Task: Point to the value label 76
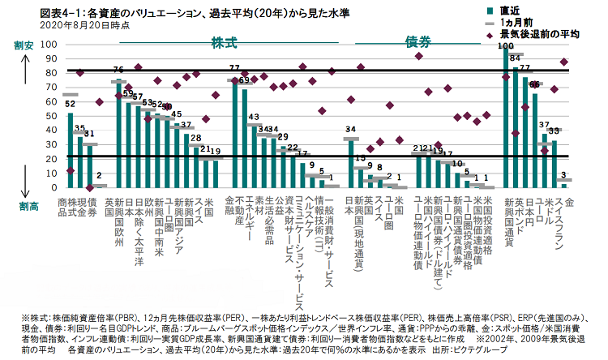tap(118, 71)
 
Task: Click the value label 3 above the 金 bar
tap(563, 175)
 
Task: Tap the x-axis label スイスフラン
tap(554, 224)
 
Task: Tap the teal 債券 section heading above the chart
tap(416, 41)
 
